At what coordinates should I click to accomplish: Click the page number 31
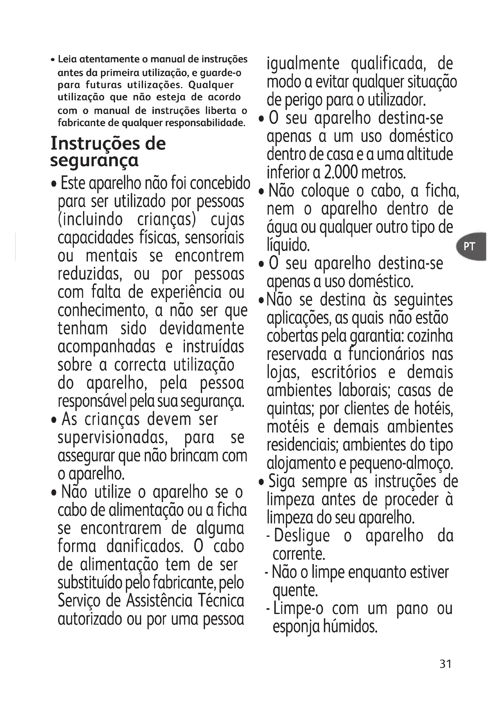tap(446, 664)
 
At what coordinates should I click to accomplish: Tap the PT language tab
tap(469, 247)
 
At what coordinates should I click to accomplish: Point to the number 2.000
tap(341, 172)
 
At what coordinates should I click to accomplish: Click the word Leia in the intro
tap(68, 59)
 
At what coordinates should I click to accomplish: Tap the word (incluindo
tap(90, 219)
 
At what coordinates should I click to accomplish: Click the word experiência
tap(186, 293)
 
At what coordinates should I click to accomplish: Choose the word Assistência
tap(159, 601)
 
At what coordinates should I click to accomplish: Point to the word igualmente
tap(303, 64)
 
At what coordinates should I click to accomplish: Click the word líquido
tap(288, 246)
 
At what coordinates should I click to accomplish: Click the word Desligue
tap(302, 536)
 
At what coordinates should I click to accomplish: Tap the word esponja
tap(296, 627)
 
